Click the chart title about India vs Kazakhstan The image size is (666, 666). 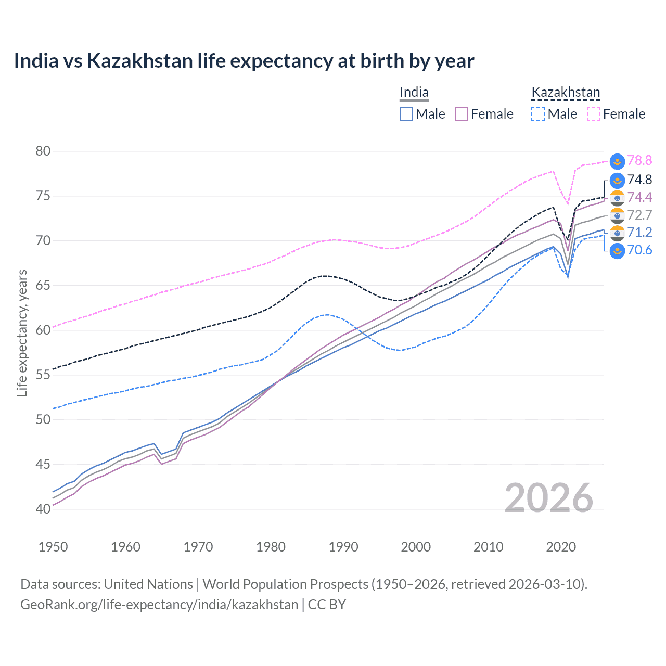point(244,61)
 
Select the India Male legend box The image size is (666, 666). point(406,114)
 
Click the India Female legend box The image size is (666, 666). point(462,114)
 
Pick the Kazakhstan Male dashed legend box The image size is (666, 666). point(538,114)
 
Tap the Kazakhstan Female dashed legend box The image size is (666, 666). point(594,114)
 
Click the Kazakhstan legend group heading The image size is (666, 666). point(566,93)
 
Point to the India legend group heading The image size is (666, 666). point(414,93)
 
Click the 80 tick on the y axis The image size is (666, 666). point(43,151)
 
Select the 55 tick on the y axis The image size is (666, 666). point(43,375)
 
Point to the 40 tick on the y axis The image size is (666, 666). point(43,509)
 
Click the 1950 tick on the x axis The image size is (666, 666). point(53,547)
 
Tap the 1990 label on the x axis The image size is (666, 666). point(343,547)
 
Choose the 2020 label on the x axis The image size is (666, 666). point(561,547)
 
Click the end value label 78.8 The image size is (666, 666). point(639,161)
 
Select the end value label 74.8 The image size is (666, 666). point(639,180)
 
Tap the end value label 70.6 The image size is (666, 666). point(639,250)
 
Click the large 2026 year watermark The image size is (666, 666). point(549,498)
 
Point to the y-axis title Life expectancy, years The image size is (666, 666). point(22,333)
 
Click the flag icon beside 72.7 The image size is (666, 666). point(617,215)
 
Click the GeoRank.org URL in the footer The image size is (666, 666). point(159,605)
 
